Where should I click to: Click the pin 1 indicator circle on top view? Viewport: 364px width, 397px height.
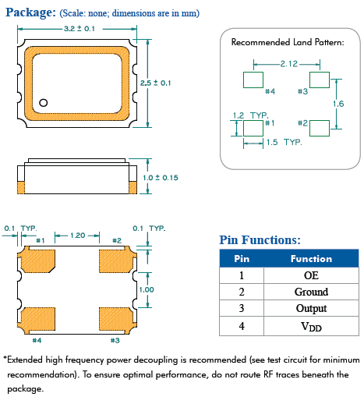[44, 101]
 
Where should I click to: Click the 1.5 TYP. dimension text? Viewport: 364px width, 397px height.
[284, 143]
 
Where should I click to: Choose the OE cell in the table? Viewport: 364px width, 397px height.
[311, 275]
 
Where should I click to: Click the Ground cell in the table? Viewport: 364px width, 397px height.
[311, 292]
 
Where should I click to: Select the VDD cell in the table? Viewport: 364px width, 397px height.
[311, 327]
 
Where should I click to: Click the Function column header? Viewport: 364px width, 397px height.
[311, 258]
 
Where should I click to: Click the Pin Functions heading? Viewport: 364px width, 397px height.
[260, 240]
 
